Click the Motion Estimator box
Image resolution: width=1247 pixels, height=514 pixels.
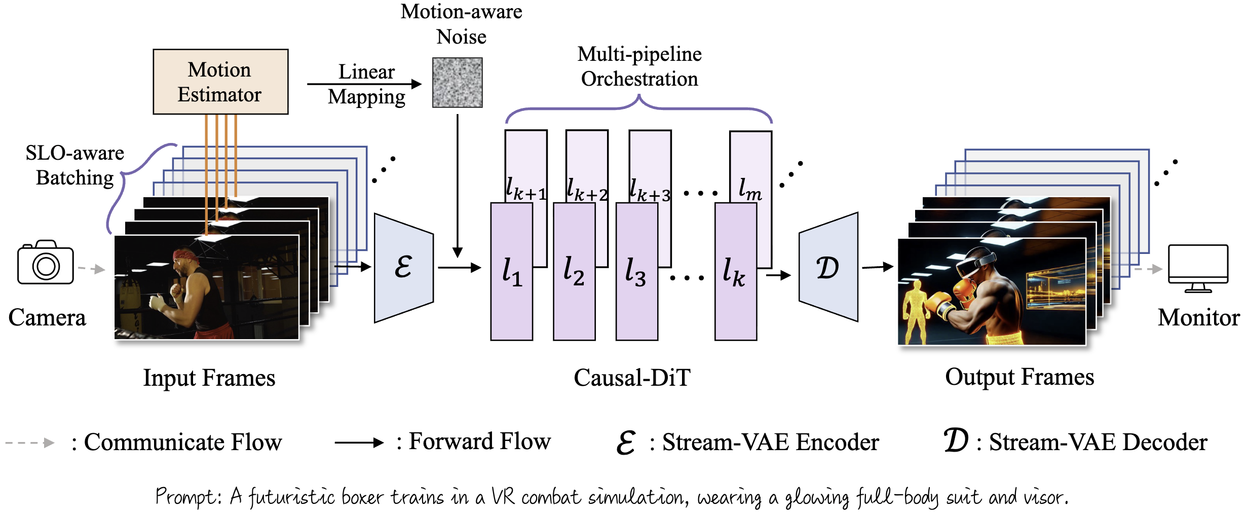point(220,82)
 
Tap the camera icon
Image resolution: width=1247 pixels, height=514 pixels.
point(46,263)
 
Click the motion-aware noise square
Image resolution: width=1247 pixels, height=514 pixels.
point(457,82)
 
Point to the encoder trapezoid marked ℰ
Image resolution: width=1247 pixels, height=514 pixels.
point(403,268)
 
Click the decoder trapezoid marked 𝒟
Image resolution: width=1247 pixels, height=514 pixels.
point(828,268)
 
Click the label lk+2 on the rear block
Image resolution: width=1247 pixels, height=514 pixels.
point(587,190)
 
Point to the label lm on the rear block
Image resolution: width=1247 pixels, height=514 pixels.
point(750,190)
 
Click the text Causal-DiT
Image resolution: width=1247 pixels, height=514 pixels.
point(632,378)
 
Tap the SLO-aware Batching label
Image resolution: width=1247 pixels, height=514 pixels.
point(74,165)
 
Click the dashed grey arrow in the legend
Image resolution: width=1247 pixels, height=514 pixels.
point(29,443)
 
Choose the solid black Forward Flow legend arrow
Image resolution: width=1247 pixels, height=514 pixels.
point(359,443)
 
